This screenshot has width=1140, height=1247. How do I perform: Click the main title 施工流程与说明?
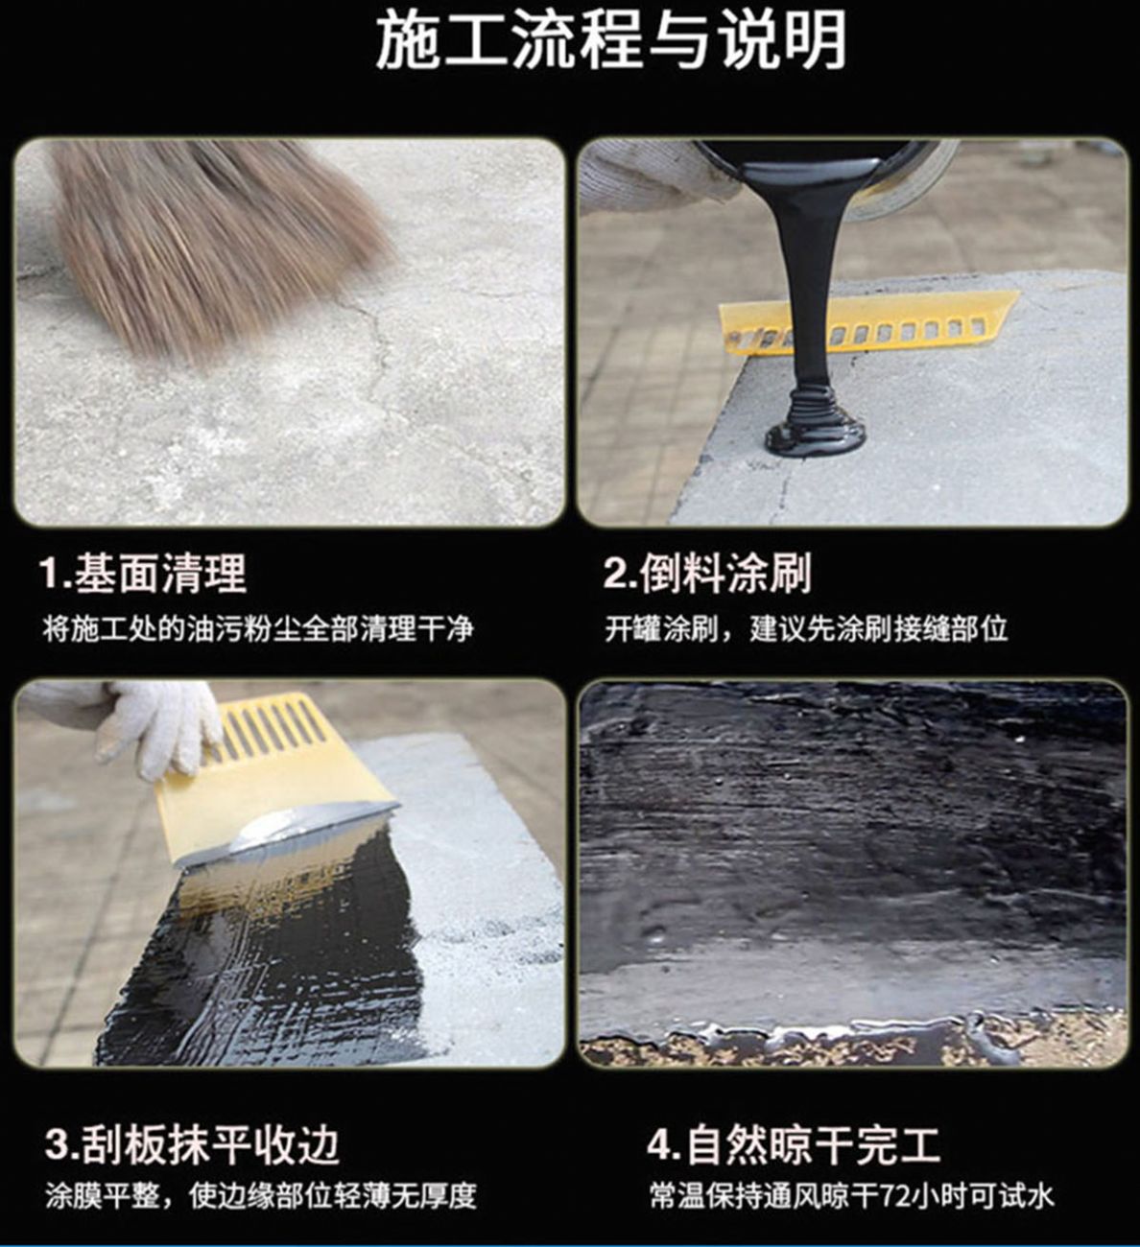611,41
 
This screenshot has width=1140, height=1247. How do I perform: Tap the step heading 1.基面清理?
143,573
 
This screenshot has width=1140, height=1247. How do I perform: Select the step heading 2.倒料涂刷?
708,573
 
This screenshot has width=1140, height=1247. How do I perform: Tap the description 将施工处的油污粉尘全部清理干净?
258,628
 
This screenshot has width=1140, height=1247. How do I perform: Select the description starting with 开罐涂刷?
806,628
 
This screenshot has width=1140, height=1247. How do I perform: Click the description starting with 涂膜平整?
261,1195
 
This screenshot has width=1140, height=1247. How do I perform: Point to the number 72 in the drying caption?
893,1195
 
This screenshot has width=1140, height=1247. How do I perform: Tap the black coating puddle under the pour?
815,435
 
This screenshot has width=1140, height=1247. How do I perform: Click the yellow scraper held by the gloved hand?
273,784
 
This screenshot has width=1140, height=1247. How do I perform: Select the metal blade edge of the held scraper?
293,833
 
